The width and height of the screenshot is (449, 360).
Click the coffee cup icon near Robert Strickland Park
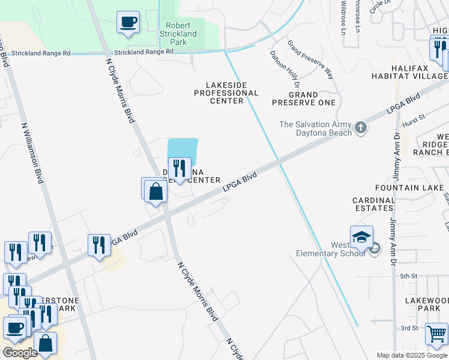coord(128,23)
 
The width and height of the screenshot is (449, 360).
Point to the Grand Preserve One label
coord(303,98)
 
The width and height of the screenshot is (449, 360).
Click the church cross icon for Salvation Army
coord(360,127)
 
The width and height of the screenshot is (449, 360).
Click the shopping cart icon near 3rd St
coord(436,332)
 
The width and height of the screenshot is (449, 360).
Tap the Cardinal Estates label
coord(373,205)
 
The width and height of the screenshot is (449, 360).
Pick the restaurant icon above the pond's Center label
coord(179,168)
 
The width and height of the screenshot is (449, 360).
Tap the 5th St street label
coord(409,275)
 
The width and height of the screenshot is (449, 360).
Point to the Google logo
coord(20,353)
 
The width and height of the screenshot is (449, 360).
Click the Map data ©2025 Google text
coord(412,355)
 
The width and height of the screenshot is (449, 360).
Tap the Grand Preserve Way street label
coord(310,60)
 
